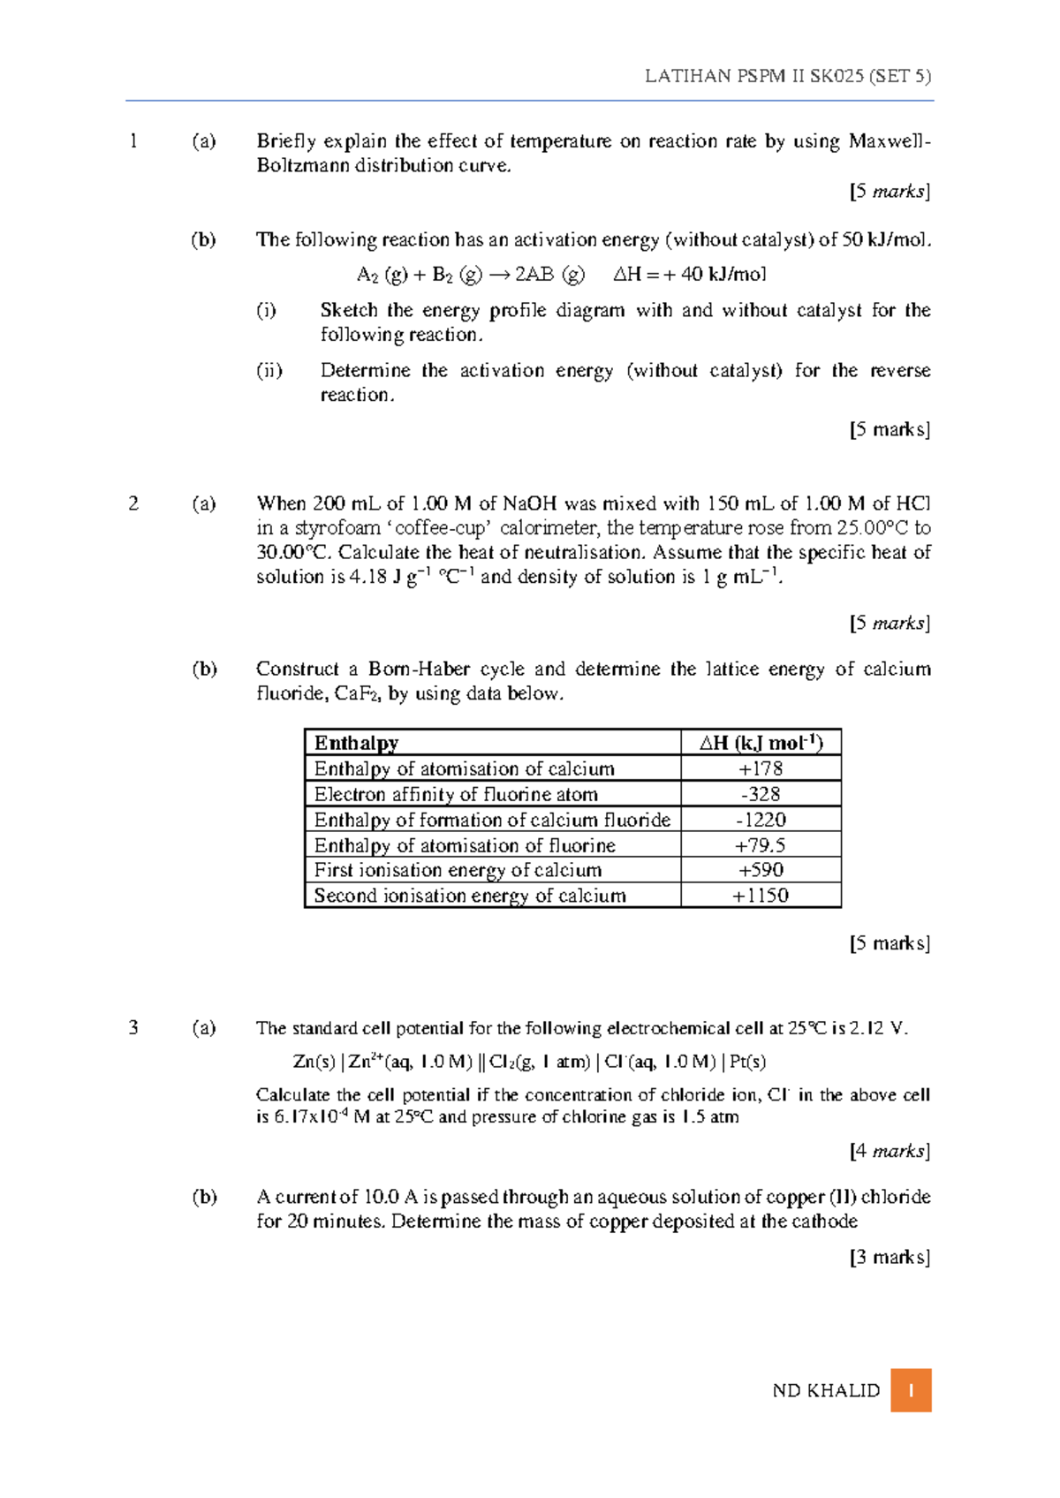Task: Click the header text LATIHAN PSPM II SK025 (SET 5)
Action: (787, 76)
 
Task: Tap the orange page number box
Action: (911, 1390)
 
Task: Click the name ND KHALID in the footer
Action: (826, 1391)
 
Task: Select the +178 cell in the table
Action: (761, 768)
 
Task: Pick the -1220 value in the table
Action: (761, 820)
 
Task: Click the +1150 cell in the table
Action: (761, 896)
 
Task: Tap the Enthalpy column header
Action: (356, 743)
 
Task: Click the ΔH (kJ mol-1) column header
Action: (761, 743)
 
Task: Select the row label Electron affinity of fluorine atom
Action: (456, 794)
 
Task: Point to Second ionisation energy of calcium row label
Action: (470, 896)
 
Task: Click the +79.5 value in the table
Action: (761, 845)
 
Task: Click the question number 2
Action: (133, 503)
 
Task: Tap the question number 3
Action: (133, 1027)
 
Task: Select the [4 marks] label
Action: (890, 1151)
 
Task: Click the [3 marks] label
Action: (890, 1257)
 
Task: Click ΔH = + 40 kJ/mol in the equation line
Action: (690, 275)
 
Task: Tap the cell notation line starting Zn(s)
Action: (529, 1062)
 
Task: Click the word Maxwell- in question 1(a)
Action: (889, 141)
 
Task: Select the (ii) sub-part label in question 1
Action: (269, 370)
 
